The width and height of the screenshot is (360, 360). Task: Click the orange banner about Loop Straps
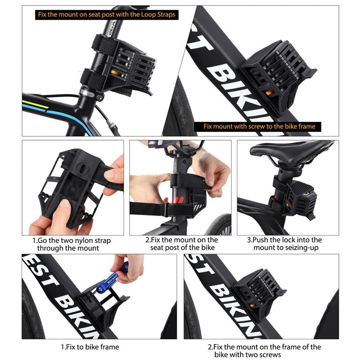coord(106,14)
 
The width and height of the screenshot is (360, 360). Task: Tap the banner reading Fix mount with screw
coord(259,126)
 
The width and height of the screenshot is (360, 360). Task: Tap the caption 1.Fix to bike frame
coord(90,347)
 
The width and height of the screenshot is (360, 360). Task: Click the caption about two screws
coord(264,351)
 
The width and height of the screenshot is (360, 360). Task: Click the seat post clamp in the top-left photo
coord(88,93)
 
